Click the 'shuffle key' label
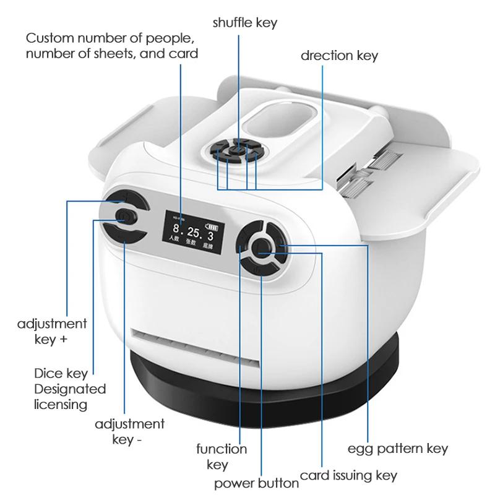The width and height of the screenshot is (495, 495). pos(245,23)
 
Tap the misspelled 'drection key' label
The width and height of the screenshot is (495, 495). pos(339,56)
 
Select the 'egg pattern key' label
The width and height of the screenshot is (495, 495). pos(397,448)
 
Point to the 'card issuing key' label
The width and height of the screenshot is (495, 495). pos(348,476)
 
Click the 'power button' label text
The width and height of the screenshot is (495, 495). pos(256,483)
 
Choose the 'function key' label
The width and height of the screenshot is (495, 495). pos(222,457)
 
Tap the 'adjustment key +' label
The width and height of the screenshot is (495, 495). pos(52,331)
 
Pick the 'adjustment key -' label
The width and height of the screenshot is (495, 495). pos(129,431)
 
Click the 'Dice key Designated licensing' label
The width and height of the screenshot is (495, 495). pos(70,389)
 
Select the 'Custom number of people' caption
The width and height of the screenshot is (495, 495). pos(112,46)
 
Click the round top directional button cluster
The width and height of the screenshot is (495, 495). pos(237,149)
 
